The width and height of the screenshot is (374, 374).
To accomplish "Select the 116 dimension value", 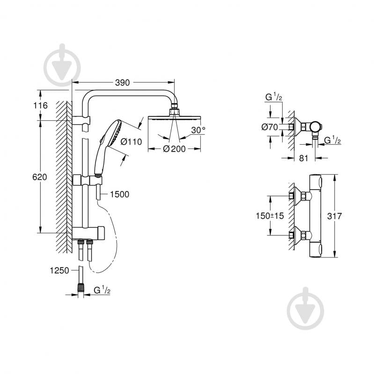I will click(x=41, y=106).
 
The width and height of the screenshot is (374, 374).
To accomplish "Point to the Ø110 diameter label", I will click(x=131, y=142).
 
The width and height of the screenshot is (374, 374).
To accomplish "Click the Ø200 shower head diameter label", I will click(x=174, y=149).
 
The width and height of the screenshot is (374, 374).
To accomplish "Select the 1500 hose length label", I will click(x=119, y=194).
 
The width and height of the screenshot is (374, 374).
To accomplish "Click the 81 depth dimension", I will click(x=303, y=158).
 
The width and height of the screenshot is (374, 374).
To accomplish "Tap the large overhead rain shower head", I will click(x=174, y=119).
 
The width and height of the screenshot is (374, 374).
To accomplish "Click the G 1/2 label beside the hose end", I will click(x=102, y=291).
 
